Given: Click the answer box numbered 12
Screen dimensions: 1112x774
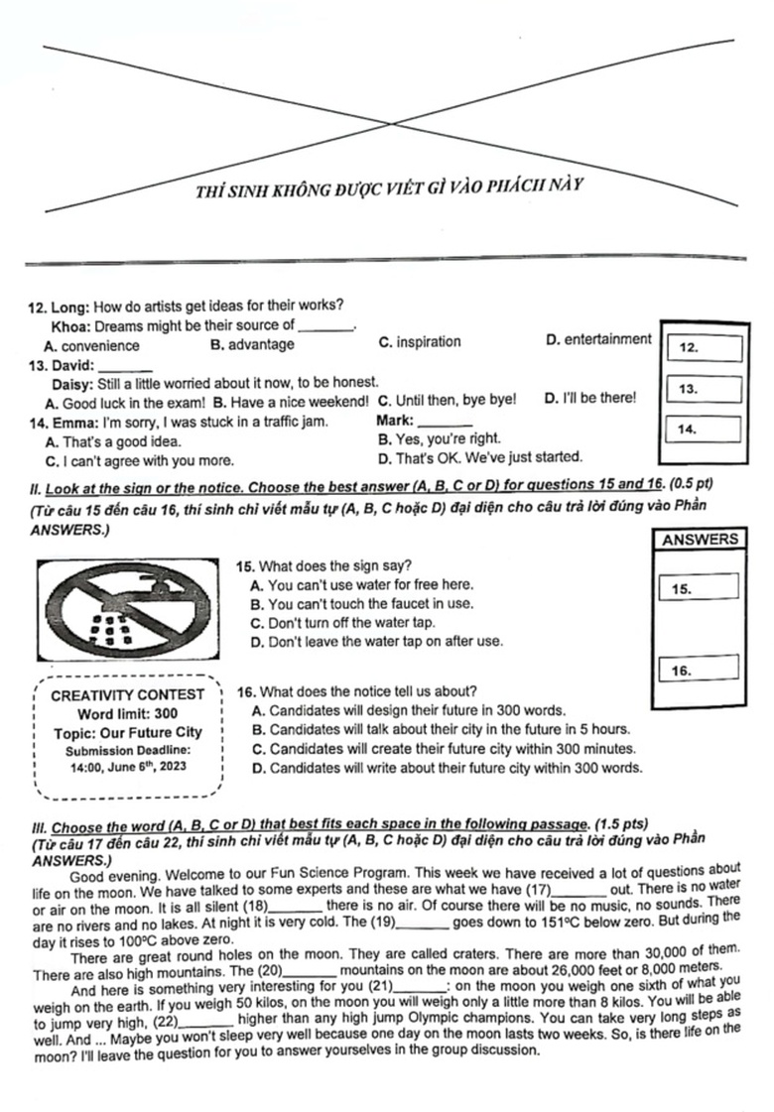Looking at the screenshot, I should coord(705,348).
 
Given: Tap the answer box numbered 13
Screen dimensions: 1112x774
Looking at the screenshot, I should coord(705,389).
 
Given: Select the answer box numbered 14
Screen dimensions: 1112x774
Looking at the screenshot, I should coord(705,429).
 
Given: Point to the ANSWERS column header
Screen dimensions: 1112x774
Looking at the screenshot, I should coord(700,540).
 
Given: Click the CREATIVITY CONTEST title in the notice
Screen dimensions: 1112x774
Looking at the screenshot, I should coord(127,694).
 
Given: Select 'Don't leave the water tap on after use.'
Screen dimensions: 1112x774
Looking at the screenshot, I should coord(377,641).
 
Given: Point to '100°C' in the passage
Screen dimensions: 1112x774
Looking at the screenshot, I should coord(118,939).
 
